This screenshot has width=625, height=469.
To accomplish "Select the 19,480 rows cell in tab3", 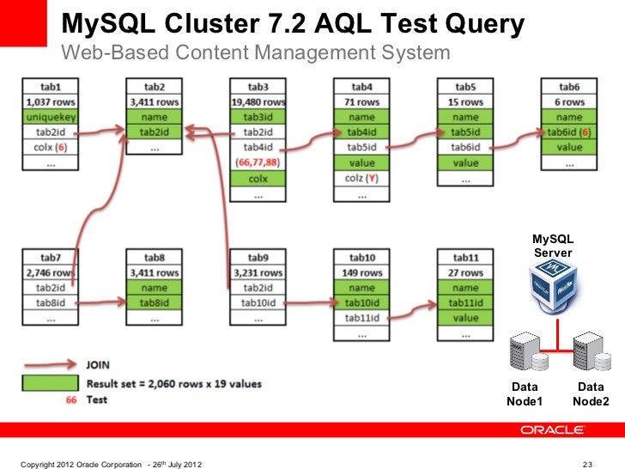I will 258,102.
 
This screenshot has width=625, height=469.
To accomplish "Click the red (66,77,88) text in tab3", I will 258,161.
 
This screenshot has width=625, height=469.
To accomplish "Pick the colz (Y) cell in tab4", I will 361,178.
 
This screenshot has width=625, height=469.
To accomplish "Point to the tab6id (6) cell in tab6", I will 569,132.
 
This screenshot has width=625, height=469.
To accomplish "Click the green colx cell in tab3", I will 258,178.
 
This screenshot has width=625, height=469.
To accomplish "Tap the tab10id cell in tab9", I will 258,302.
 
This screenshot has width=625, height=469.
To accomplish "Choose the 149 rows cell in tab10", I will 361,273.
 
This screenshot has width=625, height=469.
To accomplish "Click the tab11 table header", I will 465,258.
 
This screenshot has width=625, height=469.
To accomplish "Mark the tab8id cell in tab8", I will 154,302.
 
